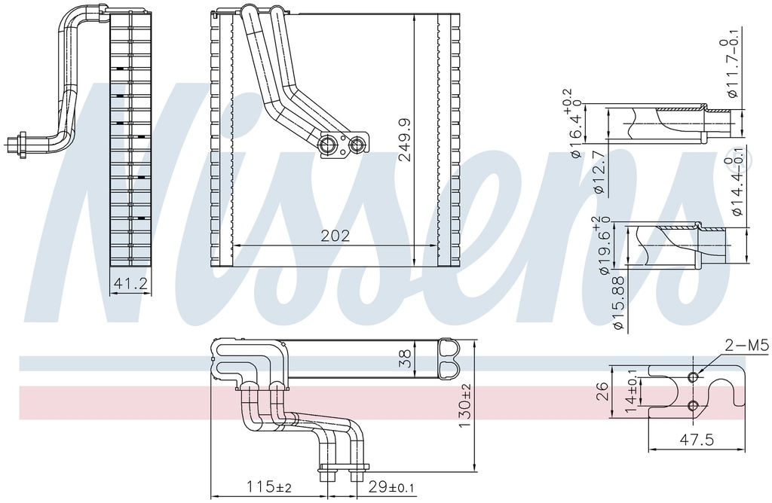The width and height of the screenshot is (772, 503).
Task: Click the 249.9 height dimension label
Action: point(406,139)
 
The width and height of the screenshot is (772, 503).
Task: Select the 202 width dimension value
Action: point(335,236)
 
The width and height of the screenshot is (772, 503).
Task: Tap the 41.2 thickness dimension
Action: point(130,284)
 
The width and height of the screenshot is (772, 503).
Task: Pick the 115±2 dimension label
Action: point(269,486)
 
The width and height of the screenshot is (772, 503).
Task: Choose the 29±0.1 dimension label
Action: point(391,487)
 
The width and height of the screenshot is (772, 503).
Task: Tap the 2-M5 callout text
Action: point(746,346)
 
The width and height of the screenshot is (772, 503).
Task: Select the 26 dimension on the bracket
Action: point(602,392)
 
